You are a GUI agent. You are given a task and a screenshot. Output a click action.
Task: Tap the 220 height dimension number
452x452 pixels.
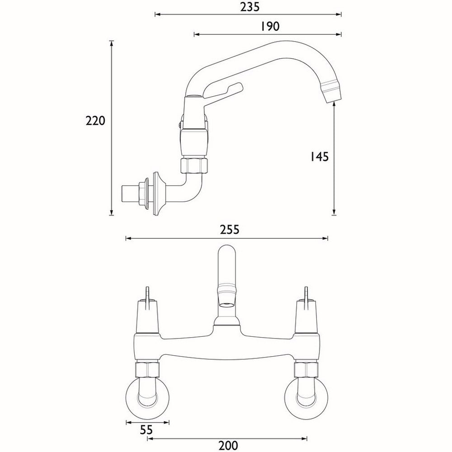tap(95, 121)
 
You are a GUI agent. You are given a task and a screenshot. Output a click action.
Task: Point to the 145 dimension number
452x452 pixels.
tap(319, 156)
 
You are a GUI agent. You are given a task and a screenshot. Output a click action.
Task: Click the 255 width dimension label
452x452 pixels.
tap(227, 229)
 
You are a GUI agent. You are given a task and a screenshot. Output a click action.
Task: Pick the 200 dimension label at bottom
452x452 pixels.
tap(227, 445)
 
